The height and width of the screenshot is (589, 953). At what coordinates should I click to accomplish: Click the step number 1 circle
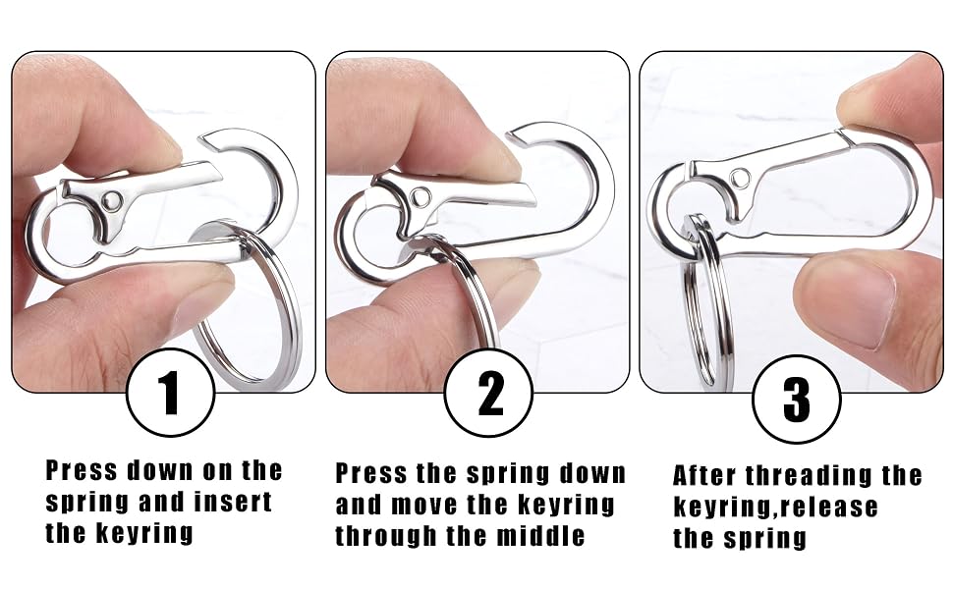[171, 393]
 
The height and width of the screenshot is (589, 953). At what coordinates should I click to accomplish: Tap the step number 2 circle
[488, 393]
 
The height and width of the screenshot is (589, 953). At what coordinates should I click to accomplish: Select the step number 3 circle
[796, 399]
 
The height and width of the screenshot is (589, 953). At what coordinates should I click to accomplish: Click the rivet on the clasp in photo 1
[111, 200]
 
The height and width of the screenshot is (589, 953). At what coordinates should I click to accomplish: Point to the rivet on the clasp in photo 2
[420, 196]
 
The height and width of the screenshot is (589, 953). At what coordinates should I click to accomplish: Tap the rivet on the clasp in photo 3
[740, 179]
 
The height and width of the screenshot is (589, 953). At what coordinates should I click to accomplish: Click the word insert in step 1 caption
[233, 503]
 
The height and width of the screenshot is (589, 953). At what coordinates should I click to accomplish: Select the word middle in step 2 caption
[541, 536]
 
